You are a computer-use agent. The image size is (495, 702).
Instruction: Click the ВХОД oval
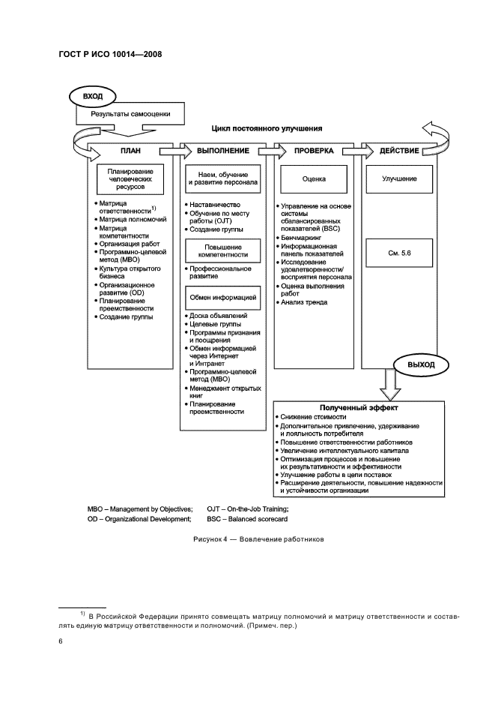tap(93, 97)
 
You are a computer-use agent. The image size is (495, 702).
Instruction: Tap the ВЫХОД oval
tap(420, 364)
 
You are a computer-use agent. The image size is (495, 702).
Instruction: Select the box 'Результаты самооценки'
tap(131, 115)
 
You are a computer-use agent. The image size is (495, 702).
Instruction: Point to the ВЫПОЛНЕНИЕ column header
tap(222, 151)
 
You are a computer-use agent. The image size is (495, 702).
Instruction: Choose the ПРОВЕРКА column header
tap(314, 151)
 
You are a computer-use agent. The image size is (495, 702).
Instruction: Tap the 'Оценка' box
tap(314, 180)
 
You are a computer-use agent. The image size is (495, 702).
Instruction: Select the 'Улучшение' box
tap(399, 180)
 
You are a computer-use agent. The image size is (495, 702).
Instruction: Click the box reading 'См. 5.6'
tap(399, 254)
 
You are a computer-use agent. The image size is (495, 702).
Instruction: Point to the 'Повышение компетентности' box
tap(222, 250)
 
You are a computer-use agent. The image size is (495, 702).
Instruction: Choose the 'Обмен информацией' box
tap(222, 298)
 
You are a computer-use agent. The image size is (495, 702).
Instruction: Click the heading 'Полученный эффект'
tap(359, 407)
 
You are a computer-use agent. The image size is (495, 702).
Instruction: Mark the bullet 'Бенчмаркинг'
tap(303, 236)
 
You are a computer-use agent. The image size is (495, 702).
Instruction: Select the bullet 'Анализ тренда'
tap(304, 302)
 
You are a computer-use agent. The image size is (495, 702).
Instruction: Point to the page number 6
tap(61, 641)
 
